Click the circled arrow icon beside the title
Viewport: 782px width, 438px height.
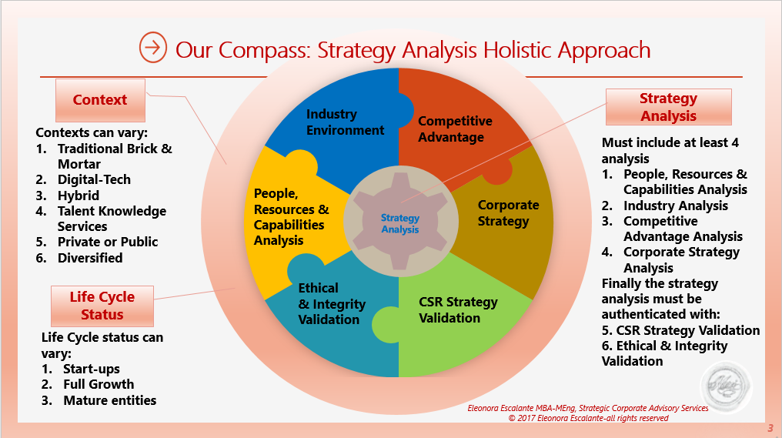tap(153, 48)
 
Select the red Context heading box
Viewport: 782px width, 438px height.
tap(99, 100)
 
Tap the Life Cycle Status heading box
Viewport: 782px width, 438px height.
tap(102, 306)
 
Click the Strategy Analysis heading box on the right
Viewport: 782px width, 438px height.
tap(668, 107)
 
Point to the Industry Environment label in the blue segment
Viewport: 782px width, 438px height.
tap(345, 122)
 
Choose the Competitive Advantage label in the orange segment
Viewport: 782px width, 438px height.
tap(455, 129)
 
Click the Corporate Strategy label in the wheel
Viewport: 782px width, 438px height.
tap(508, 213)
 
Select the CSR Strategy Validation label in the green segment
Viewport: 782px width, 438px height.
tap(458, 309)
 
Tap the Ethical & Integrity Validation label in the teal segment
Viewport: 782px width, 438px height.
tap(332, 303)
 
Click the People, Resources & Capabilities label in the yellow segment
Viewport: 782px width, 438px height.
tap(291, 217)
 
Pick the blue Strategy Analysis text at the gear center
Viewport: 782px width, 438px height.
tap(400, 224)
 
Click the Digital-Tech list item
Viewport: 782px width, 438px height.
tap(94, 179)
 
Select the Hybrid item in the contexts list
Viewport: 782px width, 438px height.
tap(79, 196)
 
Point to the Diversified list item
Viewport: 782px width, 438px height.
tap(90, 258)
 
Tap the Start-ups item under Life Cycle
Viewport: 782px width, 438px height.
tap(91, 369)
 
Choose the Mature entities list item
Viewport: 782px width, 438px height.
tap(109, 400)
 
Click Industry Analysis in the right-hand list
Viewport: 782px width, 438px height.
tap(675, 206)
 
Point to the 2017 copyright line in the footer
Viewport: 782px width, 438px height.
tap(588, 418)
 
